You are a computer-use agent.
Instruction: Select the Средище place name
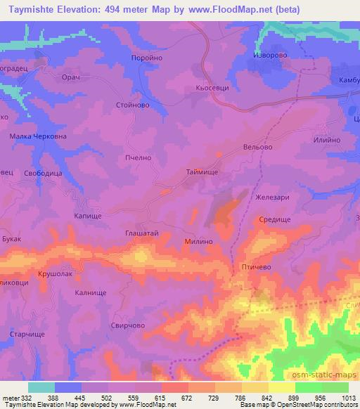[274, 219]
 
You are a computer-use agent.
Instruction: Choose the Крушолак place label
[56, 272]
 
